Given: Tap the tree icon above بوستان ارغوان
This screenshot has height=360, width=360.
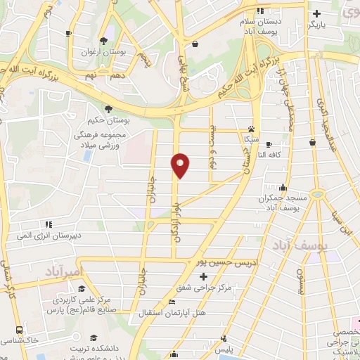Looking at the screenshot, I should click(103, 40).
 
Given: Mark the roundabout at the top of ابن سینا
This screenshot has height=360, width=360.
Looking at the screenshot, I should click(318, 193).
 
